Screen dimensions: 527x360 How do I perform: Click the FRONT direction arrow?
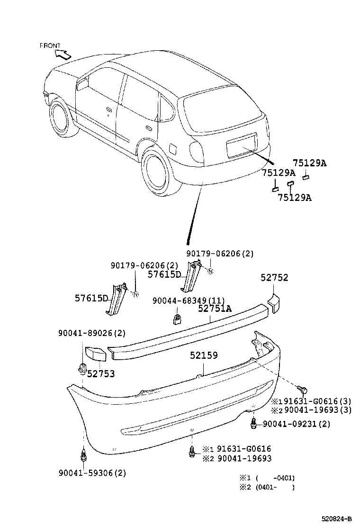[63, 54]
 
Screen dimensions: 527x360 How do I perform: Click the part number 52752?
[274, 278]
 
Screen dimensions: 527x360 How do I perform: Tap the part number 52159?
[204, 355]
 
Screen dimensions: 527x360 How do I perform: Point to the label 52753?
[100, 374]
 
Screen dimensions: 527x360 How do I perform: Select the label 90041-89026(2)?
[92, 333]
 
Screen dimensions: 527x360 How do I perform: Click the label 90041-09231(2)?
[296, 424]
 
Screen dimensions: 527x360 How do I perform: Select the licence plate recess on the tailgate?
[242, 145]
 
